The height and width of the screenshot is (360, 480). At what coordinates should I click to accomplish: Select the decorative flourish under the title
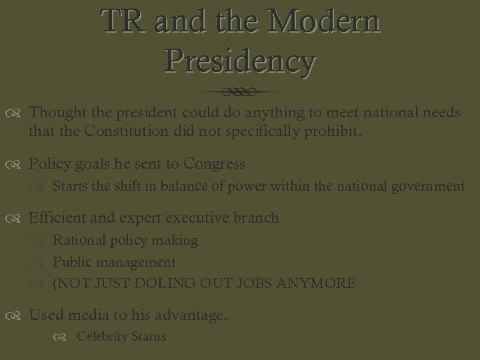(x=240, y=91)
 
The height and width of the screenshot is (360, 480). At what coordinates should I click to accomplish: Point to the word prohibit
(x=332, y=131)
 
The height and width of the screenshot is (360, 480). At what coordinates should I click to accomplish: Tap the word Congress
(x=214, y=164)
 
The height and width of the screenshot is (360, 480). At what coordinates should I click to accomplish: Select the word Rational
(x=77, y=240)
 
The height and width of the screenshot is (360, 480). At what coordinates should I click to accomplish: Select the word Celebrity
(x=100, y=337)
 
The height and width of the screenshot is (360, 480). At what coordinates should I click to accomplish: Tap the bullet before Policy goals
(x=19, y=165)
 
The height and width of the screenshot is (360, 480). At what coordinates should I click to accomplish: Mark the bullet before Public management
(x=42, y=263)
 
